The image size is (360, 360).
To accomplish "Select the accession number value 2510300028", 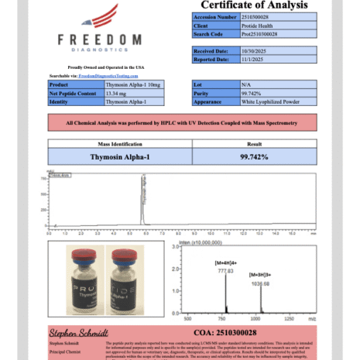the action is pyautogui.click(x=255, y=16).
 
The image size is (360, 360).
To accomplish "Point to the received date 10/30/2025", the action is pyautogui.click(x=250, y=50).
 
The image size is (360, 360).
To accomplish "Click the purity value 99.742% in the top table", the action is pyautogui.click(x=247, y=92).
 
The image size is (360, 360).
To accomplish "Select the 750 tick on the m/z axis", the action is pyautogui.click(x=225, y=317).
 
